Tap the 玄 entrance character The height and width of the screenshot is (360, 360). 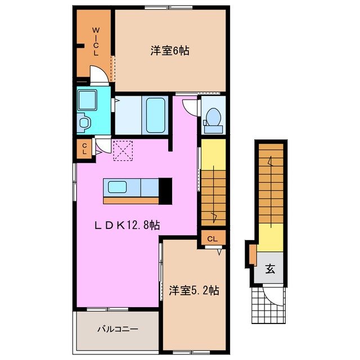[x=271, y=269]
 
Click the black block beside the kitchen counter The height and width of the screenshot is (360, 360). [x=165, y=190]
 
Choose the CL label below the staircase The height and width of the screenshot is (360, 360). [x=212, y=238]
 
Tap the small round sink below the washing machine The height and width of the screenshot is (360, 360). [x=84, y=121]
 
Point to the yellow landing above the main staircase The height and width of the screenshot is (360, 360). [x=213, y=153]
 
